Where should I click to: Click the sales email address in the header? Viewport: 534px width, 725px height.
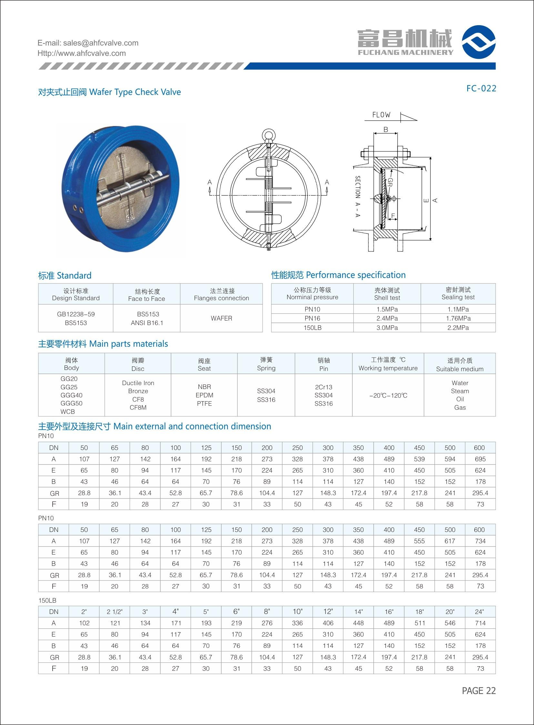click(88, 43)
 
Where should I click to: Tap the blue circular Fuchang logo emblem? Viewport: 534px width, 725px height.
click(479, 42)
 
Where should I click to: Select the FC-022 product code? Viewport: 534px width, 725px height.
click(481, 88)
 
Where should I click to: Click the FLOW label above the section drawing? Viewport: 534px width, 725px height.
click(381, 115)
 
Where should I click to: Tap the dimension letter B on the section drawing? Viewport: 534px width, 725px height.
click(386, 130)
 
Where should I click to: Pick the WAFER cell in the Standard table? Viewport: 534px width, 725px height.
click(221, 318)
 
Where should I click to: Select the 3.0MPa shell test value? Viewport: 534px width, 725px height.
click(387, 328)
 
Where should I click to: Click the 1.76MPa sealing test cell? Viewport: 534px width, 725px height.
click(458, 318)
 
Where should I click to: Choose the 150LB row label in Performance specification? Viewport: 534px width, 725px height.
click(312, 328)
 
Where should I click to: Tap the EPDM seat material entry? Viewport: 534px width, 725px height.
click(204, 395)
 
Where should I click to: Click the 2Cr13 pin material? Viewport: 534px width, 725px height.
click(323, 387)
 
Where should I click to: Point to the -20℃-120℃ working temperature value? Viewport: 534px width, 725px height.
click(388, 395)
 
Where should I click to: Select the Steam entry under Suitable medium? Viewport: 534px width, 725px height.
click(460, 391)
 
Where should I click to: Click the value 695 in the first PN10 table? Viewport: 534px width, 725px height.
click(480, 459)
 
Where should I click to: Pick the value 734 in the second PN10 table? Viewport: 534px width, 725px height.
click(480, 541)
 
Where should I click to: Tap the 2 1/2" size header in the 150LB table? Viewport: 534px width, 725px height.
click(115, 612)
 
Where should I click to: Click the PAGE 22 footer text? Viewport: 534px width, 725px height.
click(479, 691)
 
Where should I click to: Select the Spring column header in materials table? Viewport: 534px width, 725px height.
click(266, 364)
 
